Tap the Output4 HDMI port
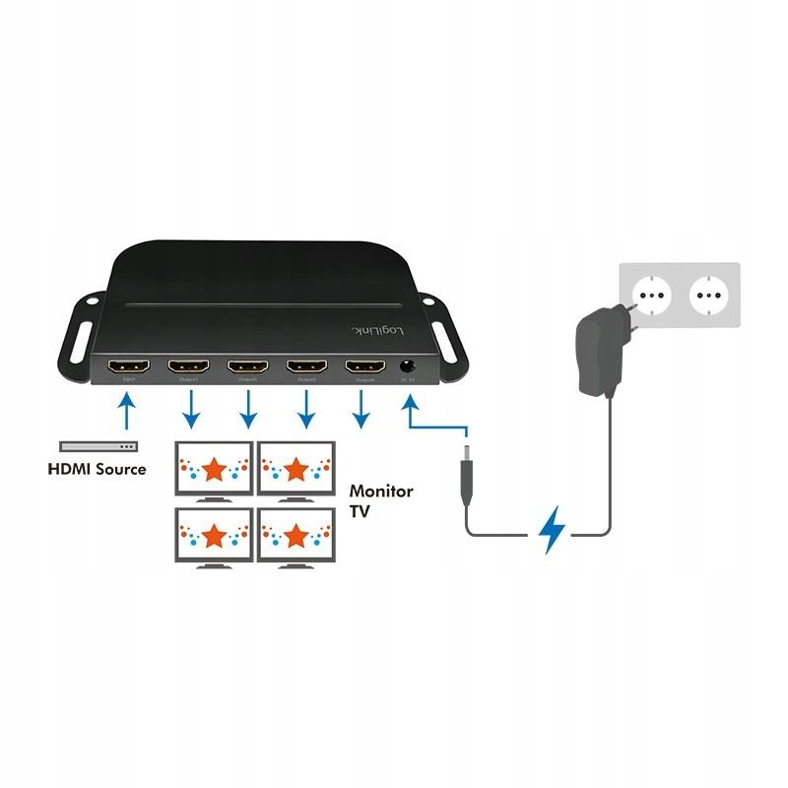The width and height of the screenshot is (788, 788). click(363, 368)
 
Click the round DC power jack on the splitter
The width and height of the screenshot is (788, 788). click(407, 368)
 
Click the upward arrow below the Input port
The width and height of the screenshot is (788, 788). click(127, 412)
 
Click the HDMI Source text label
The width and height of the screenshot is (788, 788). click(97, 469)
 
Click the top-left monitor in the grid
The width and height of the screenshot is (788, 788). click(213, 468)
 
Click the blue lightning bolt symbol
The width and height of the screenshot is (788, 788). click(553, 531)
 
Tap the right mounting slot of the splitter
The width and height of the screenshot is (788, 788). click(451, 344)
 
